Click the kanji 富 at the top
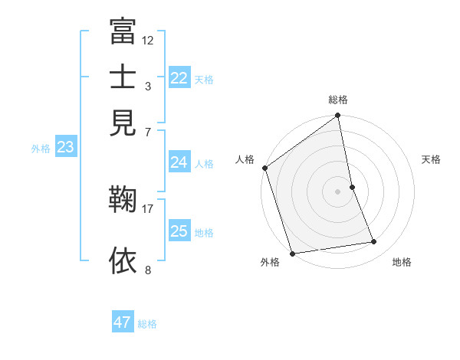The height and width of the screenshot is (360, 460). coord(123,32)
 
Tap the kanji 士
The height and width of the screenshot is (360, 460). coord(123,77)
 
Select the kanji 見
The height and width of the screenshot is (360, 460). coord(123,122)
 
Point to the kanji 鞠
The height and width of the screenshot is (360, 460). coord(123,201)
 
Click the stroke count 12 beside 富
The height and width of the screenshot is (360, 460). coord(148,40)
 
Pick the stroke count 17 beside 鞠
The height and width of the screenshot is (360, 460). coord(148,208)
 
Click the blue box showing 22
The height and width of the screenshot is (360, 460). coord(179,78)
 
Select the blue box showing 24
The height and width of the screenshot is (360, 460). coord(179,162)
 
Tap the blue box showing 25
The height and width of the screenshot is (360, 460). coord(179,231)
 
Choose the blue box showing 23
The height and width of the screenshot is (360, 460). coord(64,148)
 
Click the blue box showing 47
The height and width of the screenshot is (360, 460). coord(122,322)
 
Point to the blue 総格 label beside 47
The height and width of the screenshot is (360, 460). coord(147,324)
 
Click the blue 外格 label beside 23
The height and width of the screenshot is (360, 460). coord(41,149)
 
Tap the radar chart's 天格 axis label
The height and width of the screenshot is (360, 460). coord(431,159)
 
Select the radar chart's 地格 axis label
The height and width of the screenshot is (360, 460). coord(402,262)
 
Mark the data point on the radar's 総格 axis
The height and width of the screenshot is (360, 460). coord(337,116)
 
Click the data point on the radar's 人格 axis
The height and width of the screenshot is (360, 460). coord(265,168)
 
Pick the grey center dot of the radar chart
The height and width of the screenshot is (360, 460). coord(337,191)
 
